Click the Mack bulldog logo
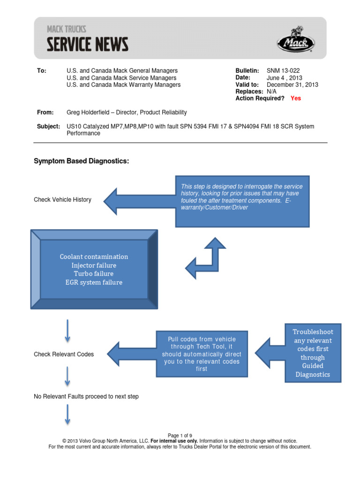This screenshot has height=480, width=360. (x=295, y=41)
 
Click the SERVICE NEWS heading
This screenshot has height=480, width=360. (x=87, y=45)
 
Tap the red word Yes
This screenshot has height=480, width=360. (x=296, y=98)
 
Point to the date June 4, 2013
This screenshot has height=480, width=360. (x=285, y=78)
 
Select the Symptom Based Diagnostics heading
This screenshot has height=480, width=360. (x=81, y=161)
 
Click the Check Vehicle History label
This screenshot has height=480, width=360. (x=62, y=200)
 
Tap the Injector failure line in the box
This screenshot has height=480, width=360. (x=94, y=265)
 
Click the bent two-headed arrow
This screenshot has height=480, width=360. (x=206, y=258)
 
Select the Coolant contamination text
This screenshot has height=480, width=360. (x=94, y=257)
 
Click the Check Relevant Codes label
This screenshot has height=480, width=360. (x=64, y=354)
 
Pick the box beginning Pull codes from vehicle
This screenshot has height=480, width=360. (x=202, y=354)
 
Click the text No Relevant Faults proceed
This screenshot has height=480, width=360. (x=86, y=397)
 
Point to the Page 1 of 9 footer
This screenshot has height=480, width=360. (x=180, y=435)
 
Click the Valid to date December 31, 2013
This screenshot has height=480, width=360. (x=292, y=85)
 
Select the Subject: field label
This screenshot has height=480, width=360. (x=48, y=127)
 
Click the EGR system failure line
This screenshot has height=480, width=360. (x=94, y=282)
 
